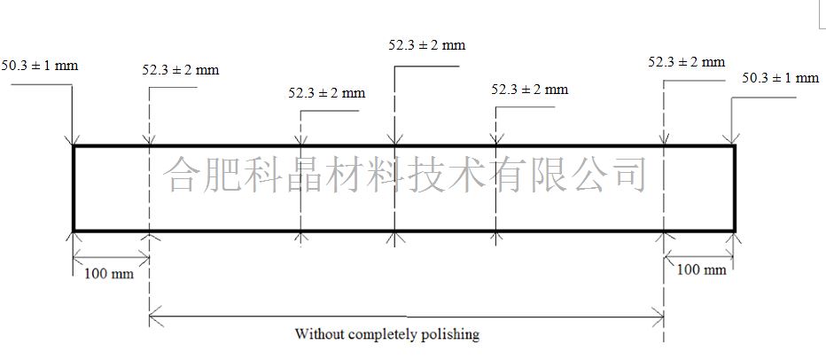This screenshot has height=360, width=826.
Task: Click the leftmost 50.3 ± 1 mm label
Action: (x=40, y=66)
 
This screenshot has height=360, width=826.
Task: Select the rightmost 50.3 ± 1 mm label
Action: (x=781, y=78)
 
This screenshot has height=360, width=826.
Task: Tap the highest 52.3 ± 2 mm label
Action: (x=427, y=45)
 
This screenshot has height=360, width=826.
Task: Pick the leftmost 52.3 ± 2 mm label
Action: (x=180, y=69)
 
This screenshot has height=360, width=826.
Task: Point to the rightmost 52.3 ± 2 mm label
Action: (x=686, y=62)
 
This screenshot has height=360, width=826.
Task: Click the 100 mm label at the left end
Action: (x=109, y=274)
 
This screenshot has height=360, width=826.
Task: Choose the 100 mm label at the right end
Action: (x=701, y=270)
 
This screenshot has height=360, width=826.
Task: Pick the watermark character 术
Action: (x=464, y=174)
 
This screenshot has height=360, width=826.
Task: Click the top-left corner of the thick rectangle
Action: (x=74, y=146)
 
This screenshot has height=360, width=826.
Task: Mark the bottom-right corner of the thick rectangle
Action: (x=734, y=231)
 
